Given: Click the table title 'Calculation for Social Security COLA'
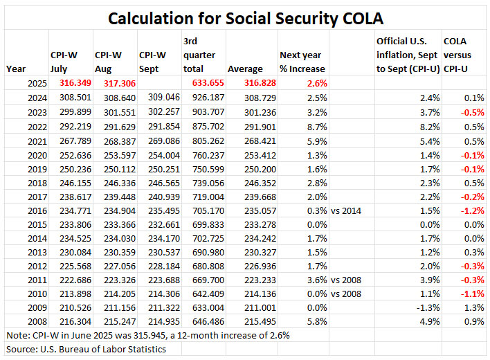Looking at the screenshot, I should tap(244, 16).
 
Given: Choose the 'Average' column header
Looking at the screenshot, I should tap(245, 69).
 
